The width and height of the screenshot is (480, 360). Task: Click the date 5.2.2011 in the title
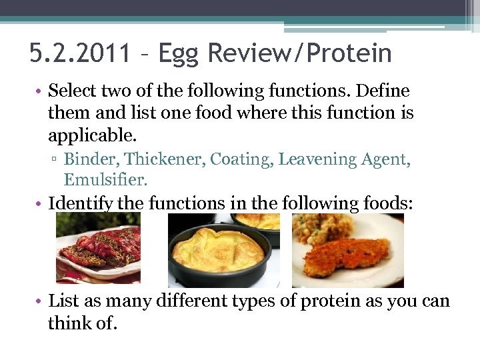[x=80, y=53]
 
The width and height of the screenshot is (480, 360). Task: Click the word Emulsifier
[x=105, y=179]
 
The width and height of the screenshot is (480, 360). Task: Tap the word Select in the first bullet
[x=73, y=90]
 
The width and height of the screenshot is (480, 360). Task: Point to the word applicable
[x=91, y=135]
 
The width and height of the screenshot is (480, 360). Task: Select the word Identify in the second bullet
[x=80, y=203]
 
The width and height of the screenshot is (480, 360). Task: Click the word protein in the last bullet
[x=325, y=301]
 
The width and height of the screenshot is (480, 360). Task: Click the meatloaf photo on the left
[x=98, y=250]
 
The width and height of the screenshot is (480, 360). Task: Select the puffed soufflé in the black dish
[x=218, y=251]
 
